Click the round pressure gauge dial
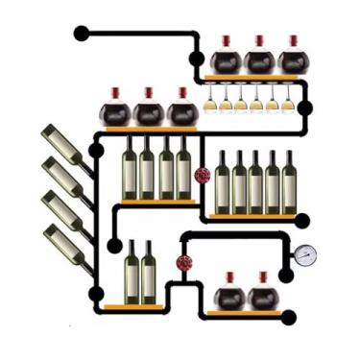coord(305,254)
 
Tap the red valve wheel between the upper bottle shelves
coord(203,175)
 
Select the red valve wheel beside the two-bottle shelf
coord(183,262)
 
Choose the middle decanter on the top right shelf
coord(259,60)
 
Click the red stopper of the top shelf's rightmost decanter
coord(293,40)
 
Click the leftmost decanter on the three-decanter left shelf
coord(116,110)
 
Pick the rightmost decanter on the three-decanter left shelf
coord(182,110)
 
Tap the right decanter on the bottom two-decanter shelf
coord(262,294)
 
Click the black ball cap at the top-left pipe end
coord(82,34)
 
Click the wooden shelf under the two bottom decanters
coord(244,313)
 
